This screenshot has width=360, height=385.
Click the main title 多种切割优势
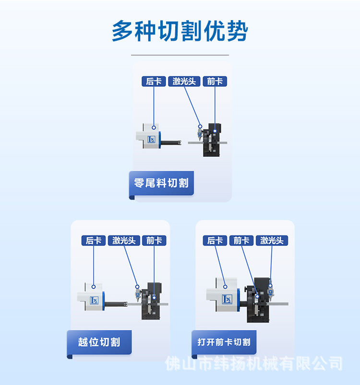pos(180,32)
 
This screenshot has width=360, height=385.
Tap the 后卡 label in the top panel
pos(154,82)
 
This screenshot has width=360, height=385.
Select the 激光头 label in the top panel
pos(184,82)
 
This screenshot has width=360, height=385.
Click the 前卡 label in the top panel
pos(215,82)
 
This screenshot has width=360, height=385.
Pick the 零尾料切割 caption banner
pos(161,183)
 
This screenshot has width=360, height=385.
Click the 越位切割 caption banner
pos(99,342)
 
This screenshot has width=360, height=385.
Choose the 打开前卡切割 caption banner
pos(224,342)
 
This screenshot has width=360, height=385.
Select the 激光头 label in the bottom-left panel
pos(124,241)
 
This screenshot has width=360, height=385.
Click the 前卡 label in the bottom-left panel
pos(154,241)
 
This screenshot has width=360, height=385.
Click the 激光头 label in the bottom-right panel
pos(272,241)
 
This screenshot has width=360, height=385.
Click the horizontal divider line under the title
pos(180,55)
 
